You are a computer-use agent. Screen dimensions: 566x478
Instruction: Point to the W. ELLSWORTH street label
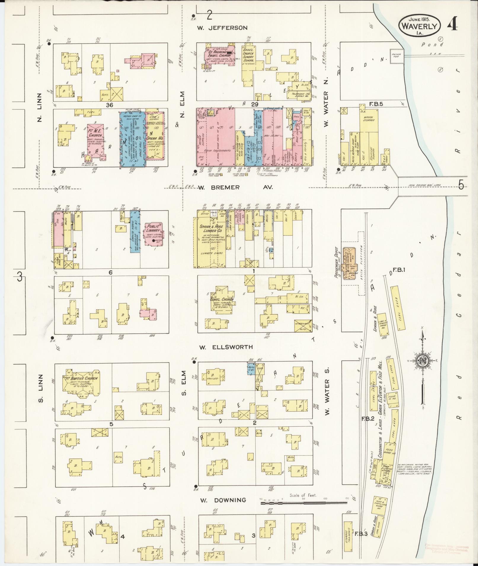point(226,347)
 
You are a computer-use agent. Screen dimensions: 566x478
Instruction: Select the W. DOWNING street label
point(223,500)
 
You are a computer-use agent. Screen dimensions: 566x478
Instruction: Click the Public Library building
point(153,233)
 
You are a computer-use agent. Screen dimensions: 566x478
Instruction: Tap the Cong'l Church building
point(222,299)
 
